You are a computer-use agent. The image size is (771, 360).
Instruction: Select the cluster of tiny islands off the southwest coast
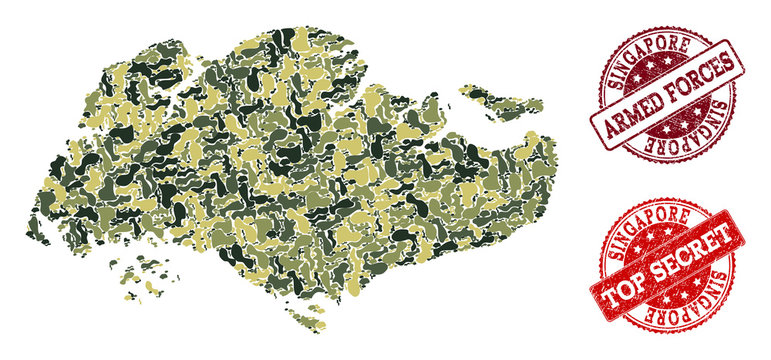pyautogui.click(x=150, y=270)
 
